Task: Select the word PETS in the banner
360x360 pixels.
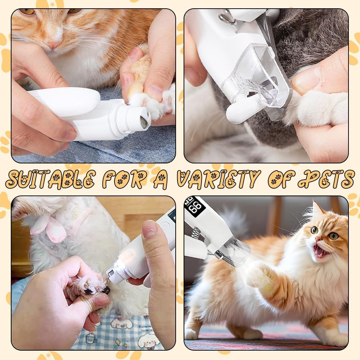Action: (x=326, y=179)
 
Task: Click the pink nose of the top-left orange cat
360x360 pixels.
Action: (x=53, y=44)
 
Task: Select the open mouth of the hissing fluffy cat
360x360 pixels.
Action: (x=320, y=249)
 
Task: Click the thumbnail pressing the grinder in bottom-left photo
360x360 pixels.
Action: (x=149, y=229)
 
